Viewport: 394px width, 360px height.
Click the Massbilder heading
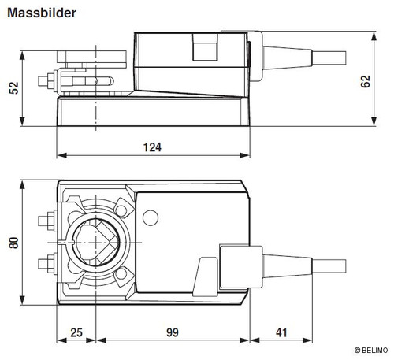(x=42, y=13)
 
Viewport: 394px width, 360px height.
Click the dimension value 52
(x=14, y=88)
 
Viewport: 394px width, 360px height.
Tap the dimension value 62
(x=366, y=81)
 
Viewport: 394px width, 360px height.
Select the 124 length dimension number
(x=152, y=147)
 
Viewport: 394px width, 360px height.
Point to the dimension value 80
(x=13, y=243)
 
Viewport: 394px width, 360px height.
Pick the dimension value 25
(x=76, y=332)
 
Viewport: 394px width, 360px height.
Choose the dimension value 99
(x=173, y=332)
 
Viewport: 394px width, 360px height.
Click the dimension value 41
(x=281, y=332)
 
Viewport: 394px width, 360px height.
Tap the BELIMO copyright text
(x=371, y=351)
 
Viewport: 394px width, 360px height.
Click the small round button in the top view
(x=151, y=217)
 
